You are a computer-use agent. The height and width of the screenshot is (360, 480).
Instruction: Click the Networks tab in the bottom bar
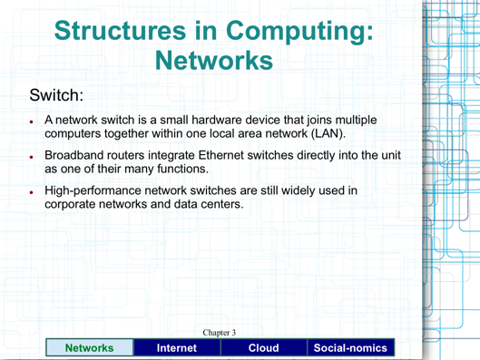[x=88, y=347]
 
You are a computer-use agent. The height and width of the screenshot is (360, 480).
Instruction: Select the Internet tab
[x=177, y=347]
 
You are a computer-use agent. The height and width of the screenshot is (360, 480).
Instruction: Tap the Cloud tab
[x=263, y=347]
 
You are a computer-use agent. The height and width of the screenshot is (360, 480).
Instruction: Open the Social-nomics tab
[x=349, y=347]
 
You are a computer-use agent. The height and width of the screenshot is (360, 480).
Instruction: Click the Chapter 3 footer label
[x=219, y=333]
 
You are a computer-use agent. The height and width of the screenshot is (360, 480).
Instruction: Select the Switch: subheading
[x=57, y=94]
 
